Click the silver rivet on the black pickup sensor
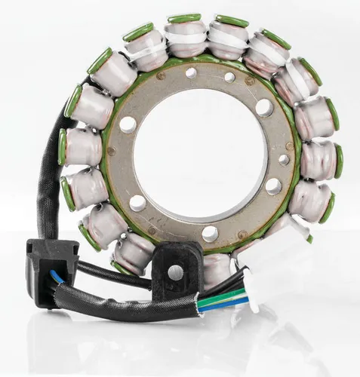coord(176,272)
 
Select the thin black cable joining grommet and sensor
coord(113,274)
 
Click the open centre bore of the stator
coord(200,154)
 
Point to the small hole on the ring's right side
coord(284,159)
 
